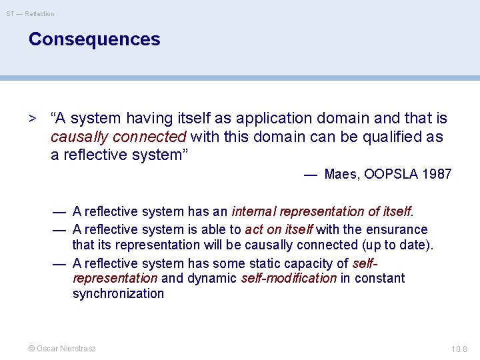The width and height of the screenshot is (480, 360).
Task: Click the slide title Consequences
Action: (x=94, y=39)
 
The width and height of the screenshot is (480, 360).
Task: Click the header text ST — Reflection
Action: (x=31, y=13)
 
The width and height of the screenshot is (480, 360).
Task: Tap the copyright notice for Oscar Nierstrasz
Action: (x=61, y=348)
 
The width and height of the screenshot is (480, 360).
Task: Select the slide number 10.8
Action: (x=460, y=348)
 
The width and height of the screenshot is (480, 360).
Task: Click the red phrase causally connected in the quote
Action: (x=119, y=137)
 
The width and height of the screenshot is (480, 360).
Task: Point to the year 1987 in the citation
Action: (x=436, y=175)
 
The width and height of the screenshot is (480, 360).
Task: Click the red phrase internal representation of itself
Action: (x=322, y=212)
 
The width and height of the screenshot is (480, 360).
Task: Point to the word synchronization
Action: (x=118, y=294)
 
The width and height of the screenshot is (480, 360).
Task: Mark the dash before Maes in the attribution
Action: (x=310, y=175)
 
